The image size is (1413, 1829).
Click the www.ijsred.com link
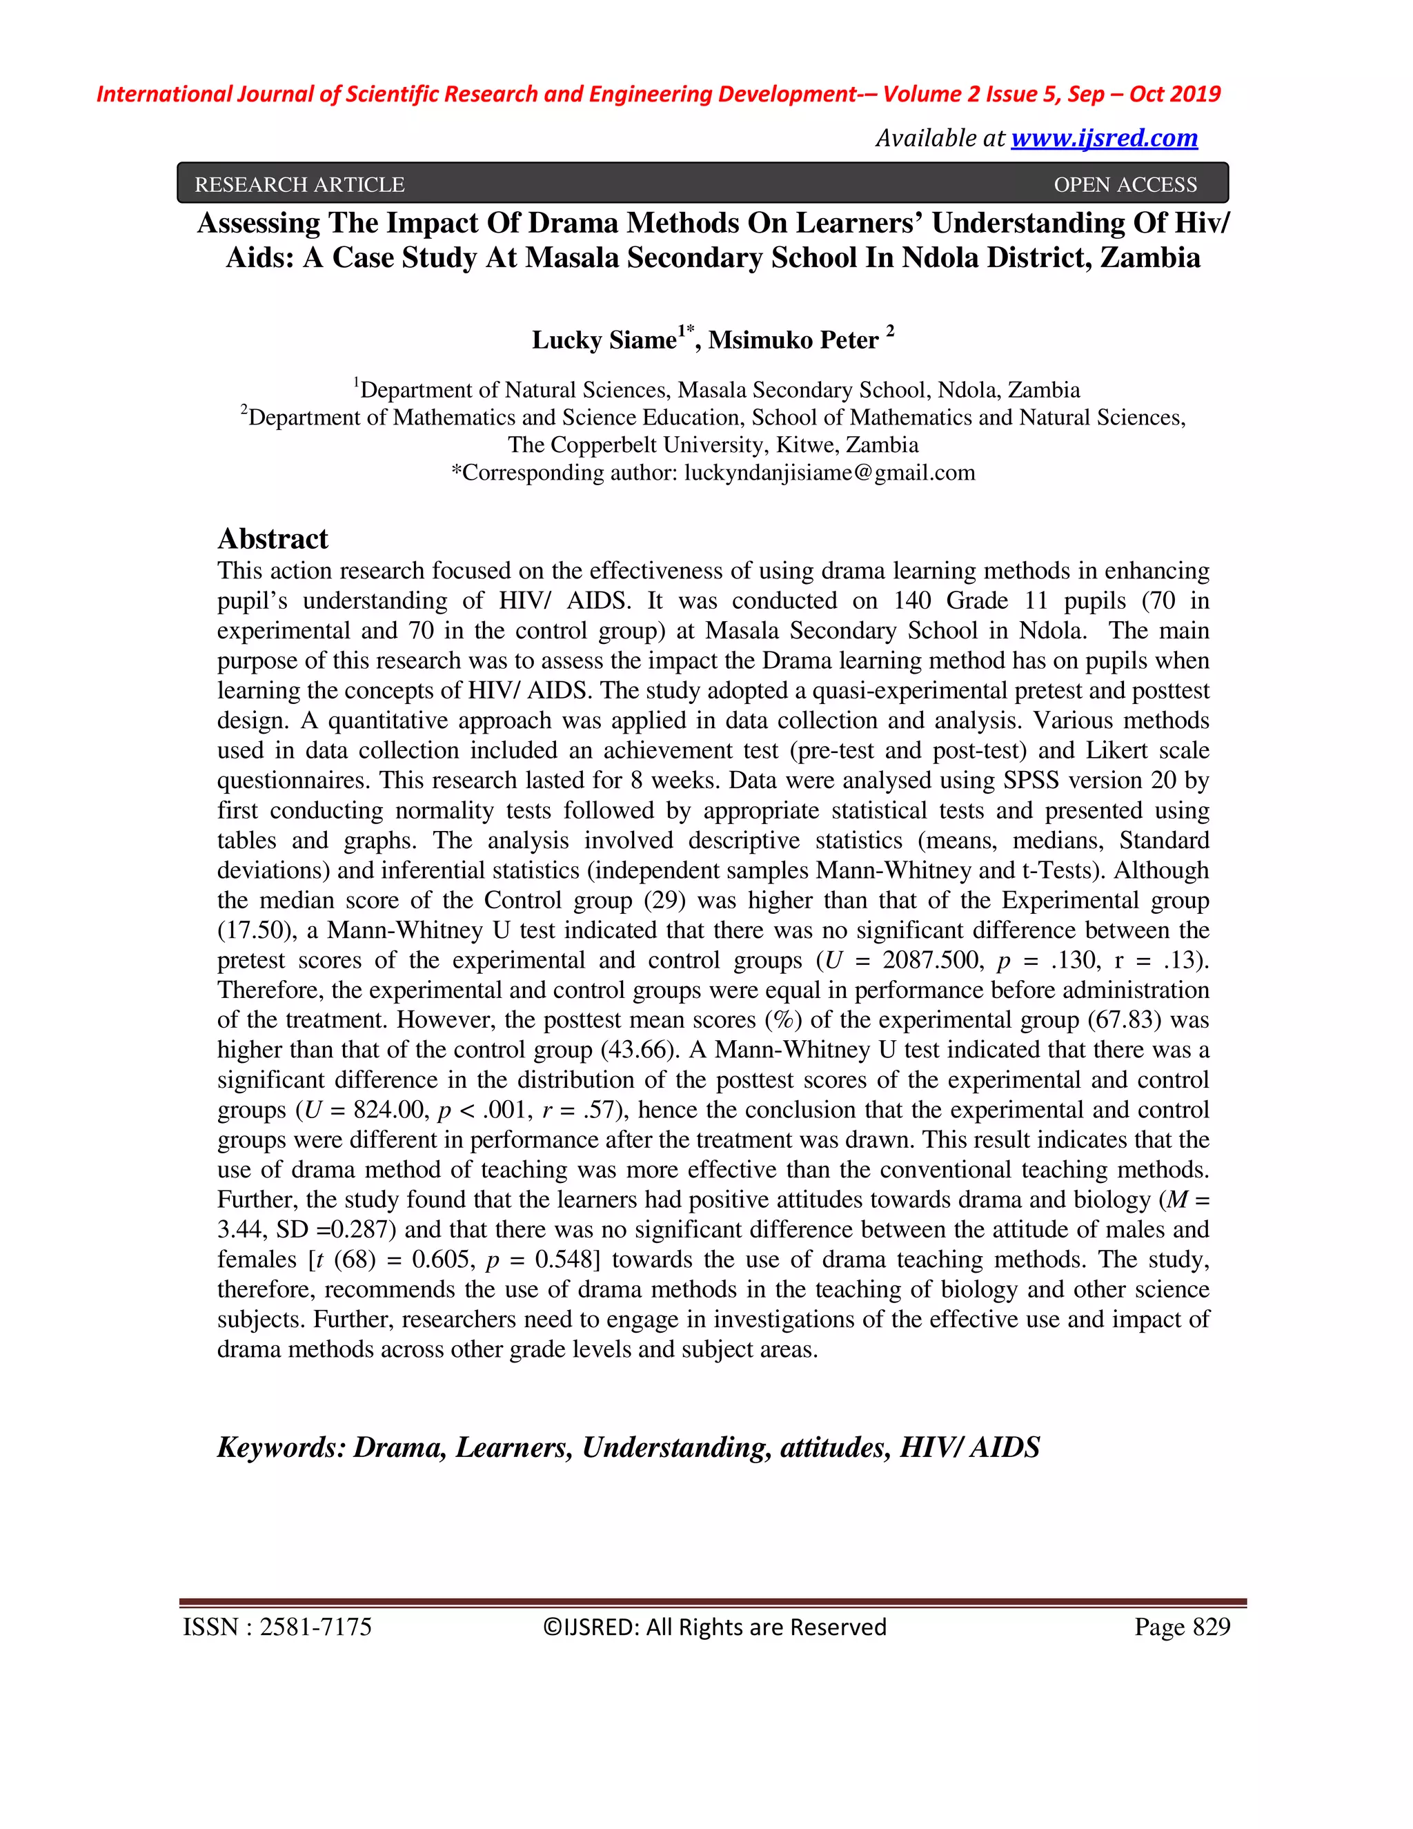coord(1103,137)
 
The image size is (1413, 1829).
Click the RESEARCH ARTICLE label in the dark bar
coord(299,184)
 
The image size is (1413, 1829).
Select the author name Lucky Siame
coord(604,340)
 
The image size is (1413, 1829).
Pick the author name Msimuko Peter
coord(793,340)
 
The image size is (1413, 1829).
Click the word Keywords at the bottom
coord(280,1447)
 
